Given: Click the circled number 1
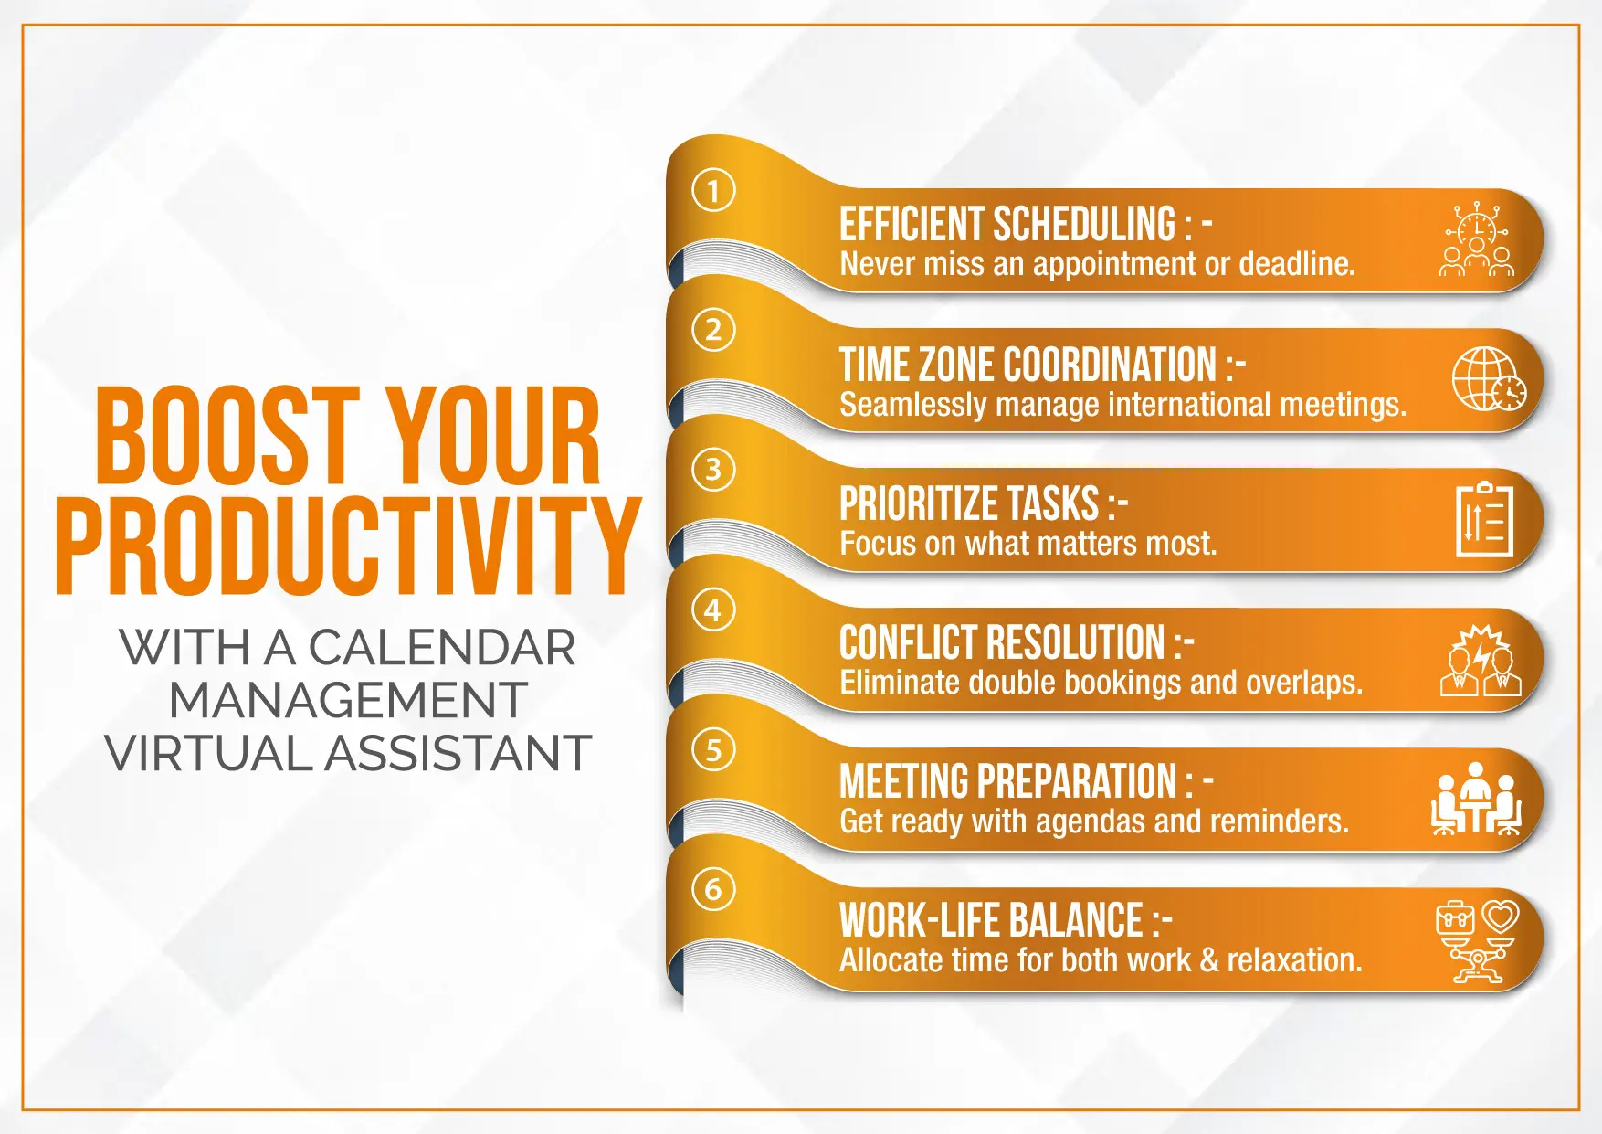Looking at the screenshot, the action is point(713,190).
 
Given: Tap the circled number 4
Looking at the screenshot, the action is point(713,609).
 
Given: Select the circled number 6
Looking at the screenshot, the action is point(713,889).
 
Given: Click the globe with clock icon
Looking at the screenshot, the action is point(1489,378).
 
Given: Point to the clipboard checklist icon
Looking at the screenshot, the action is point(1484,519).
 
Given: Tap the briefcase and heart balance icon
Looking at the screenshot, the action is point(1477,941).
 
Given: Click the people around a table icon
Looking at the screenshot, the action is point(1476,799).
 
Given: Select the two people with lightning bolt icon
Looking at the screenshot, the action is point(1481,660).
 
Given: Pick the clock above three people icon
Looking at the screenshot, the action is point(1476,238).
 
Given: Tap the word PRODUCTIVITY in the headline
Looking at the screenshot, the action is point(348,546).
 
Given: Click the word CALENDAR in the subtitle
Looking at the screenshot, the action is point(442,648).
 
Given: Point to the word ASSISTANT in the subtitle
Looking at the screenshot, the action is point(458,754).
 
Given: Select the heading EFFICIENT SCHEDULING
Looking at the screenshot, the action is point(1008,224).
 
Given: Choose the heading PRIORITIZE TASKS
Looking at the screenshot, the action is point(970,503).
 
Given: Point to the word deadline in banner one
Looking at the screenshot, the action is point(1297,264).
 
